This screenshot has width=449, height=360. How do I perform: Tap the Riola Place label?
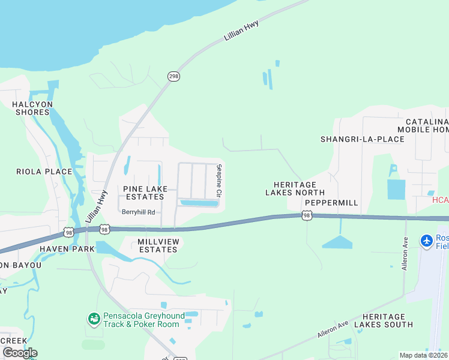[x=44, y=172]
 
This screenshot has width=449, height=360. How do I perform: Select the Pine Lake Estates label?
[x=143, y=193]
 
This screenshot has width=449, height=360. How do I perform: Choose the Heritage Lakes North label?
[x=295, y=189]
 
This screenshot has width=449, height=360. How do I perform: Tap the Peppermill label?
[x=331, y=203]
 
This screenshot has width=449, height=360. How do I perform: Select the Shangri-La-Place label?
[x=362, y=139]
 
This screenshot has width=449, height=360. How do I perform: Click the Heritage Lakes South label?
[x=384, y=320]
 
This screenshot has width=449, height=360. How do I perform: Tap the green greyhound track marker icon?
[x=93, y=318]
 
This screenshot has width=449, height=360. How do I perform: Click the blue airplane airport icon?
[x=427, y=241]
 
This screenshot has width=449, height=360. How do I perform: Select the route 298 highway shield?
[x=173, y=76]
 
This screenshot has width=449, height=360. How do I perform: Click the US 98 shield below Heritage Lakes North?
[x=307, y=215]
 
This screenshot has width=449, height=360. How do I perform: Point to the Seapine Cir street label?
[x=219, y=181]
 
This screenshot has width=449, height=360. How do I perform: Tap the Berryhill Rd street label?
[x=138, y=212]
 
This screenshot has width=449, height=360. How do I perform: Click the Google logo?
[x=20, y=353]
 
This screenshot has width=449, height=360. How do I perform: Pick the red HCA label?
[x=440, y=200]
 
